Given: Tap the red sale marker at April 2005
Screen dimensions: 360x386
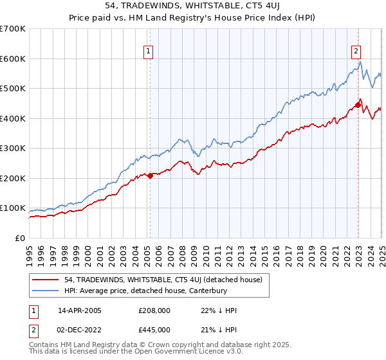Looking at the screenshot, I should click(x=150, y=175).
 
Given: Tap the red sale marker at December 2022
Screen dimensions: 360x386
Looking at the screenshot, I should click(x=358, y=105).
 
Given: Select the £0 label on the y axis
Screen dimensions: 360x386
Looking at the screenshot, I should click(x=21, y=238).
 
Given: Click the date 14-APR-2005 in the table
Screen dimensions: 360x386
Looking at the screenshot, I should click(x=80, y=310).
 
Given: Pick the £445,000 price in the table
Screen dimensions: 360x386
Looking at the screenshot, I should click(x=154, y=330).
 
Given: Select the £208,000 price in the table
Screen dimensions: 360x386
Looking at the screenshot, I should click(x=154, y=310).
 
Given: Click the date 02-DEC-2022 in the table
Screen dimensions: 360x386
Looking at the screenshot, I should click(x=80, y=330).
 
